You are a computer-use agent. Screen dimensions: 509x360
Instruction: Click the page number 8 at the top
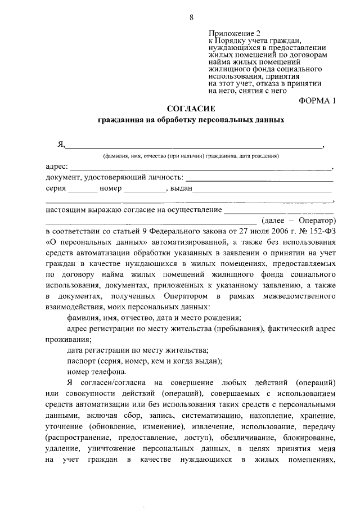coord(191,17)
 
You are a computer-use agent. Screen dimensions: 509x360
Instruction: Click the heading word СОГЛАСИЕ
coord(191,108)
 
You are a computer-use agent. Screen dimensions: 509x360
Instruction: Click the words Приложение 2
coord(231,33)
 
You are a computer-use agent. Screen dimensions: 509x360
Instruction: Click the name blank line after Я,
coord(195,147)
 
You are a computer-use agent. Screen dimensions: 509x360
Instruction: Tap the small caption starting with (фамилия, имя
coord(191,156)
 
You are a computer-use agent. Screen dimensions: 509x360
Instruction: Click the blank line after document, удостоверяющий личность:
coord(259,179)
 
